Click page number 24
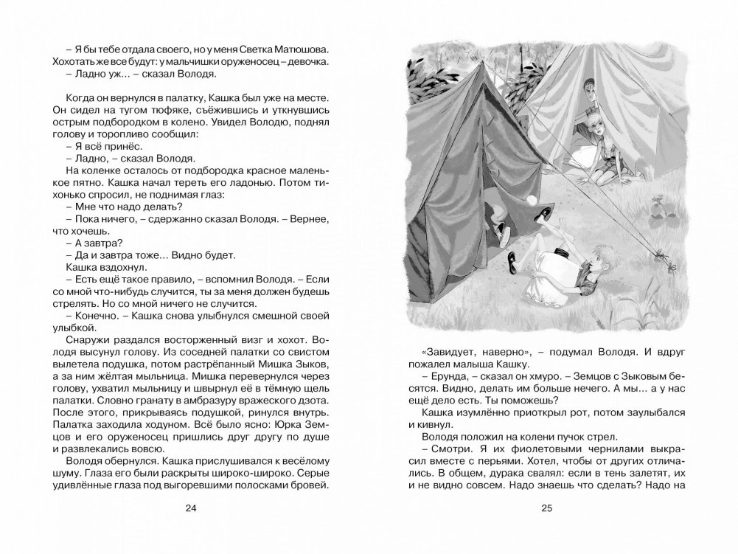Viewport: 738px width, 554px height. click(192, 508)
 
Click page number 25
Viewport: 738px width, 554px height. click(546, 508)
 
